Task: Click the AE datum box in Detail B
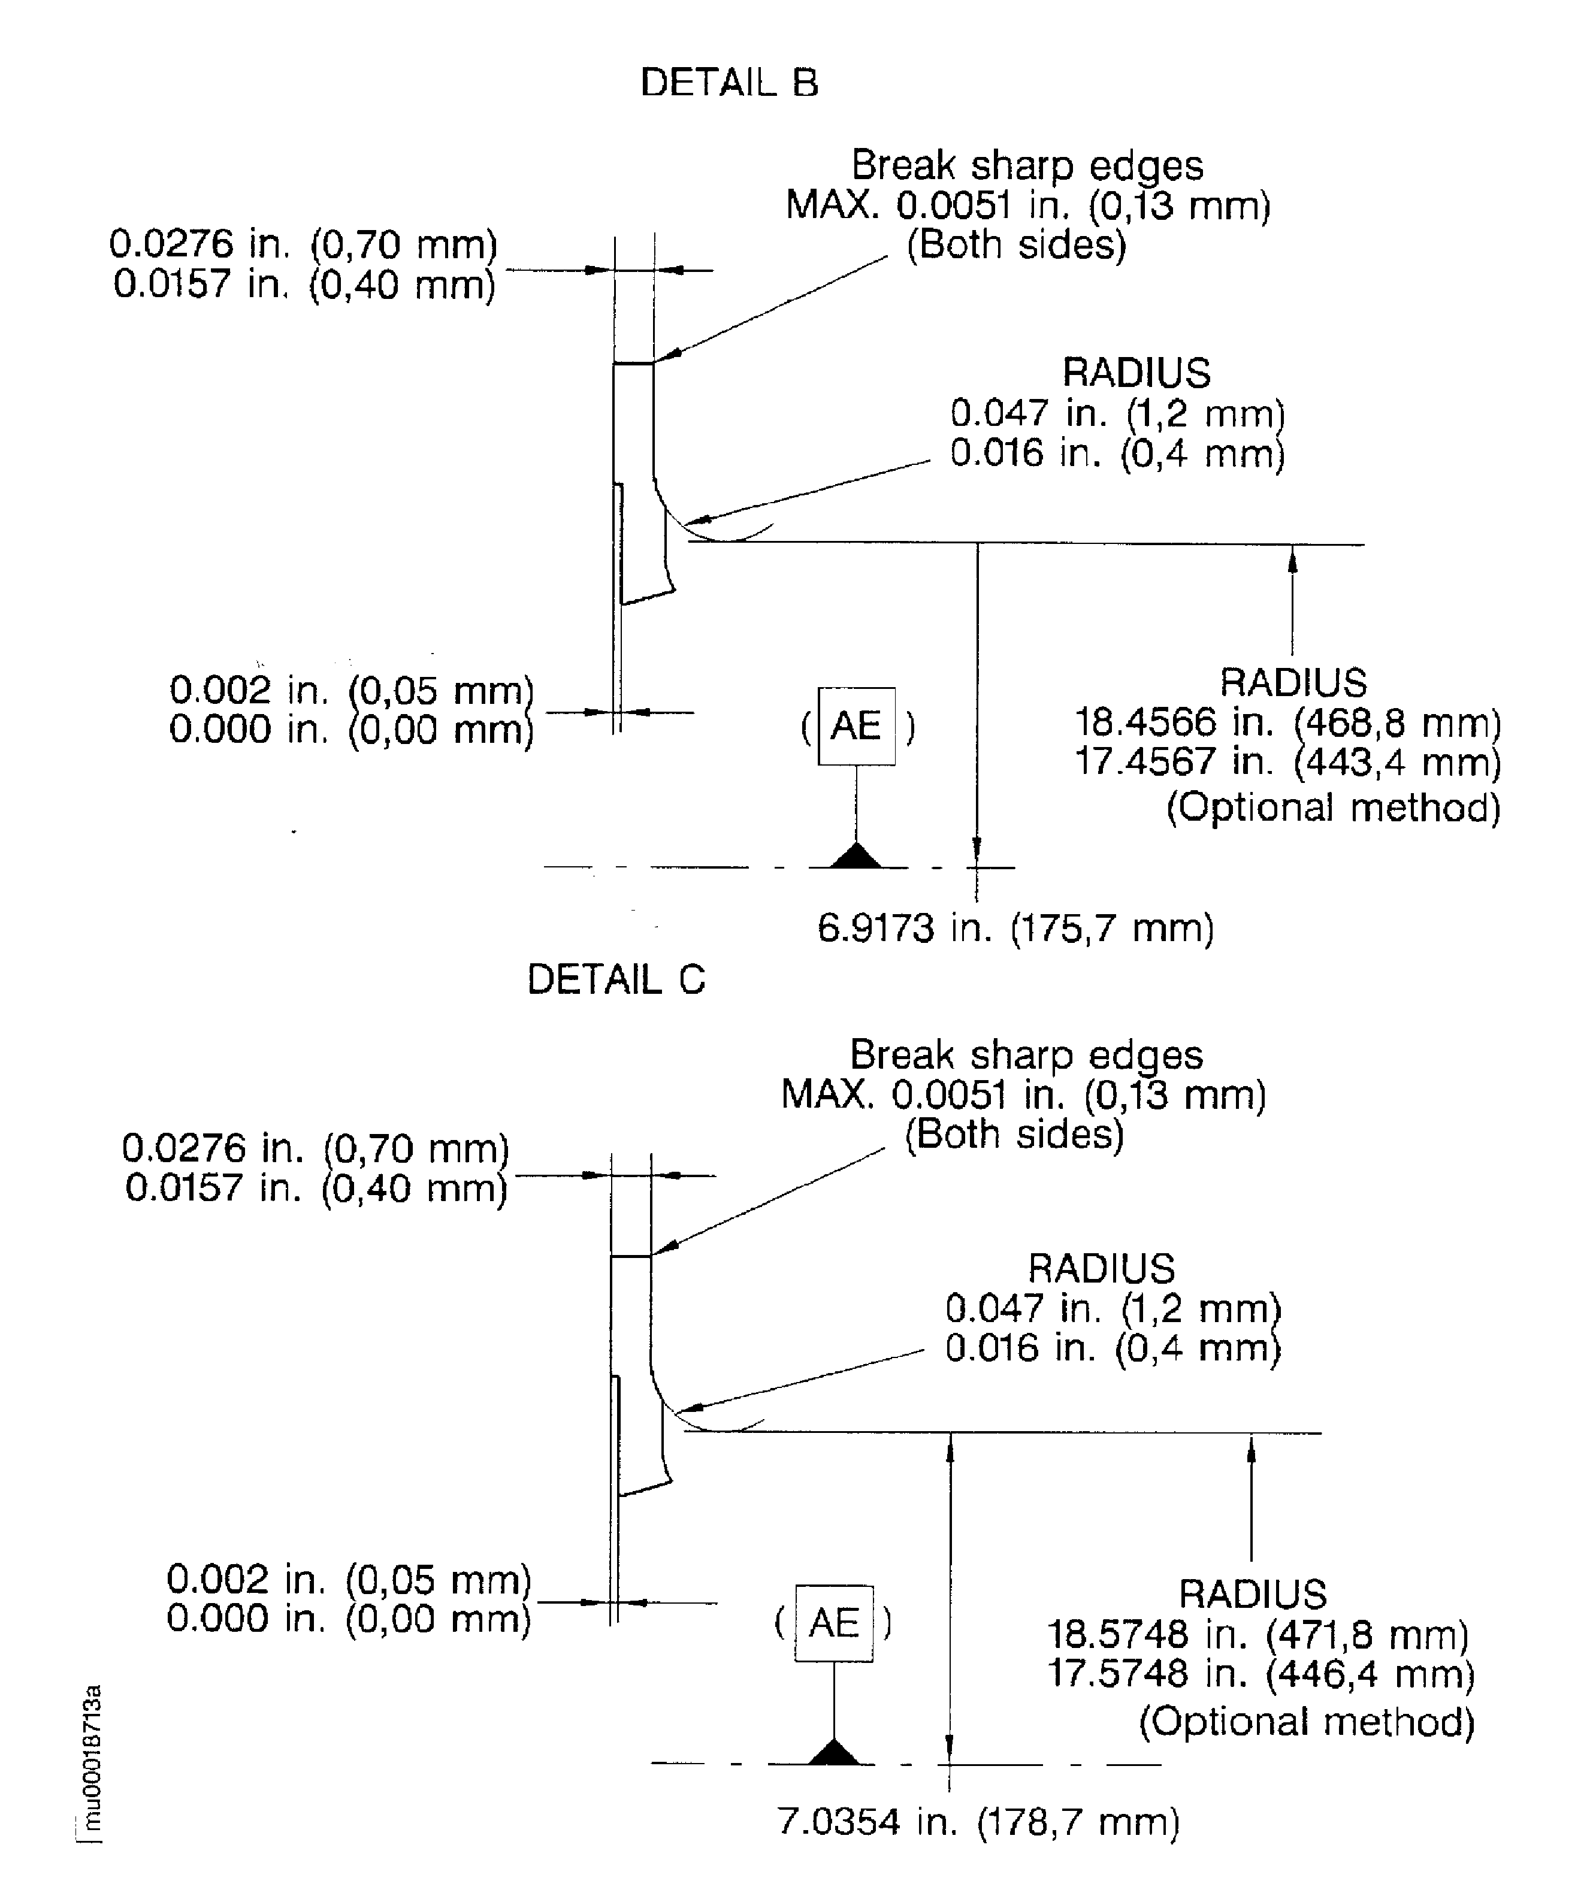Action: pyautogui.click(x=856, y=727)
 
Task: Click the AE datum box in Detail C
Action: pyautogui.click(x=833, y=1623)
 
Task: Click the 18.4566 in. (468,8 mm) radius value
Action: pyautogui.click(x=1287, y=722)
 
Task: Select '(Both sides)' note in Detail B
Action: pyautogui.click(x=1016, y=245)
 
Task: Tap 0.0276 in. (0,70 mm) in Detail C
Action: pyautogui.click(x=315, y=1148)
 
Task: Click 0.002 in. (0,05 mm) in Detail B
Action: pyautogui.click(x=351, y=690)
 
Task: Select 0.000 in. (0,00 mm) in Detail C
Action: pyautogui.click(x=349, y=1617)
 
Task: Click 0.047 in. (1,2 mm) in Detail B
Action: pyautogui.click(x=1117, y=413)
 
